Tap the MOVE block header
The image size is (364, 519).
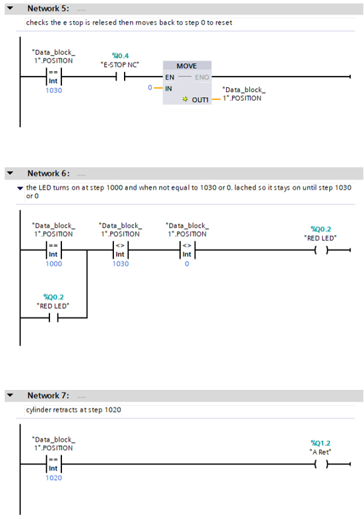coord(187,67)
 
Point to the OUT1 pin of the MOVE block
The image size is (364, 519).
coord(200,98)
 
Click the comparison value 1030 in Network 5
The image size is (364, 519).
coord(53,90)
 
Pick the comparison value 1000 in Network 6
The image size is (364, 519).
coord(53,263)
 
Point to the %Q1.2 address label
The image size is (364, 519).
coord(321,442)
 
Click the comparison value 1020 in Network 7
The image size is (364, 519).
coord(53,478)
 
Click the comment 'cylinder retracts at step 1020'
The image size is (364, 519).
coord(73,409)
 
